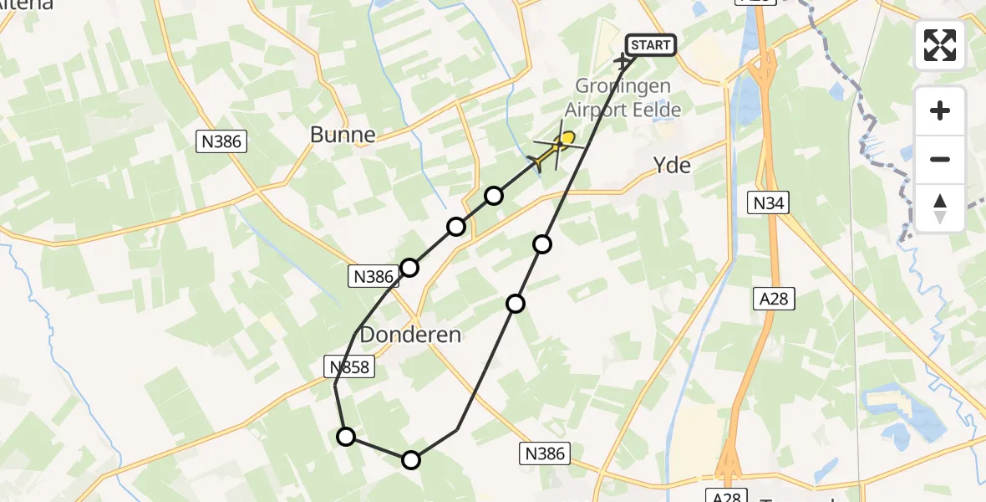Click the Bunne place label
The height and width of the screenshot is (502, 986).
[x=343, y=134]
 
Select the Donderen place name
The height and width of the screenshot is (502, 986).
[x=410, y=336]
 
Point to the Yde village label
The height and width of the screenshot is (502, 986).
[x=672, y=166]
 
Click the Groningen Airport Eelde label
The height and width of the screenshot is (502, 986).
[x=623, y=98]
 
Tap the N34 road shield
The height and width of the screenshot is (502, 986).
[x=770, y=202]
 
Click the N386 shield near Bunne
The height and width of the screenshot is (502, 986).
[x=221, y=142]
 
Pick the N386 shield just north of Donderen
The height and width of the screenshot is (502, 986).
[x=373, y=276]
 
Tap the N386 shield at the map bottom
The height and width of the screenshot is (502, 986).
[x=545, y=453]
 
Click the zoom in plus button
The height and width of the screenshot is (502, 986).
[x=940, y=111]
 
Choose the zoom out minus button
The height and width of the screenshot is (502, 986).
[x=940, y=159]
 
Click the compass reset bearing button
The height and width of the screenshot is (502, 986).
[x=940, y=208]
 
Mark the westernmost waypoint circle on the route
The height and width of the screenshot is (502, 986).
[x=346, y=436]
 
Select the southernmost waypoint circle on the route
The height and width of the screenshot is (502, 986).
[x=411, y=459]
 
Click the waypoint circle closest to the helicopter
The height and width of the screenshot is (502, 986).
[x=494, y=196]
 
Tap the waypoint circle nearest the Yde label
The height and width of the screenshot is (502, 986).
[x=543, y=244]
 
